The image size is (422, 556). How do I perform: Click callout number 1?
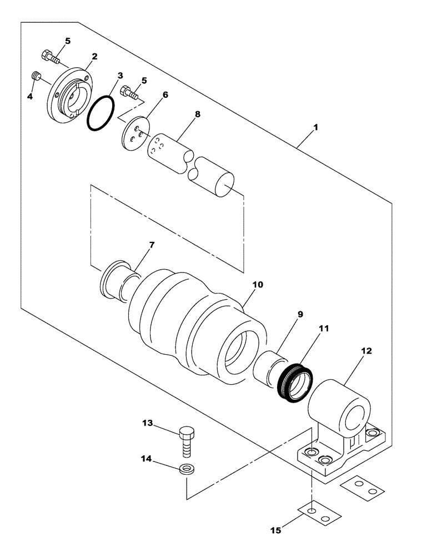coord(315,127)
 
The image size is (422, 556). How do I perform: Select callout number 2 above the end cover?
coord(94,57)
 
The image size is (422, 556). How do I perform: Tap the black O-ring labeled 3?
coord(101,114)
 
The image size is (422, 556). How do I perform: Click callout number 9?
coord(300,314)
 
